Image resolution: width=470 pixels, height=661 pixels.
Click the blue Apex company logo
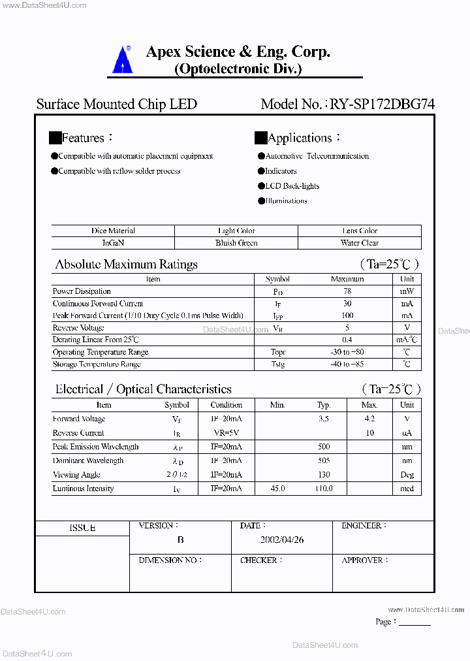tap(121, 59)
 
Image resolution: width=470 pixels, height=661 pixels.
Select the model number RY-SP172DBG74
tap(382, 105)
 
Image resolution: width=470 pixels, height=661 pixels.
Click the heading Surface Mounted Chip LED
tap(116, 105)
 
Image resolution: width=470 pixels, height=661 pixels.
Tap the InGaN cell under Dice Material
tap(113, 243)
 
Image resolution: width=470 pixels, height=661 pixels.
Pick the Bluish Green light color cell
tap(236, 243)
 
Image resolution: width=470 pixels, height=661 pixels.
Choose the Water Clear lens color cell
tap(360, 243)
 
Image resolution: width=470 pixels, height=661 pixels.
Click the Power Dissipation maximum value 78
tap(347, 291)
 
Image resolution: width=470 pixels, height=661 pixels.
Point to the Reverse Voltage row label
tap(78, 328)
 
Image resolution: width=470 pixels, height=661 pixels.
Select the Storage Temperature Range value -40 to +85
tap(347, 364)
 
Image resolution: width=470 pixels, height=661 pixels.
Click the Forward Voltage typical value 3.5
tap(324, 419)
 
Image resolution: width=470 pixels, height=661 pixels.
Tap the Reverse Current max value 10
tap(369, 433)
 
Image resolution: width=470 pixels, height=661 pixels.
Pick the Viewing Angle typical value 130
tap(324, 475)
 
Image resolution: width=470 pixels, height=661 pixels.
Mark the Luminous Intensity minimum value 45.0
tap(277, 489)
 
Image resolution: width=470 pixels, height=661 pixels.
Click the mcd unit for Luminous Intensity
tap(407, 489)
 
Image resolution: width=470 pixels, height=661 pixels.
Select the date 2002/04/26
tap(282, 540)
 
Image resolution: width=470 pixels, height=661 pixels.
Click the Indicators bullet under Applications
tap(280, 171)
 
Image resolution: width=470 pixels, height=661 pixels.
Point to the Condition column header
tap(227, 405)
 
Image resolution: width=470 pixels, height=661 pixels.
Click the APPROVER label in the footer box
tap(363, 560)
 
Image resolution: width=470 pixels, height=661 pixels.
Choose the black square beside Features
tap(55, 138)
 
